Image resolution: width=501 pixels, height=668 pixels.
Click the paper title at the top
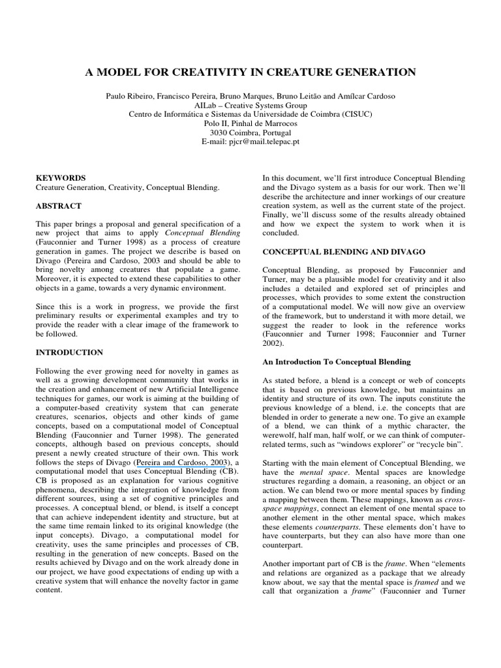pos(250,72)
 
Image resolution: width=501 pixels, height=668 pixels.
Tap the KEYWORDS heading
pos(60,177)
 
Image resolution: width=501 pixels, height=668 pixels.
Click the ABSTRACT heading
pos(59,205)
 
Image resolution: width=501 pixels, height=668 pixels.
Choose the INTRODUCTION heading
pos(69,352)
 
